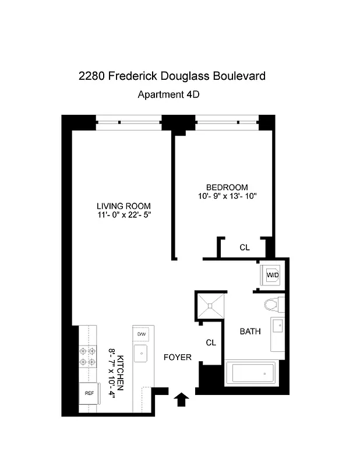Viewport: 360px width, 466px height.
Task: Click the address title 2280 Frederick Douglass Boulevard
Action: pos(172,76)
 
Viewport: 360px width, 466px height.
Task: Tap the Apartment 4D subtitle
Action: pos(168,94)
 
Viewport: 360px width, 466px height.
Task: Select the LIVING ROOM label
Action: pos(123,206)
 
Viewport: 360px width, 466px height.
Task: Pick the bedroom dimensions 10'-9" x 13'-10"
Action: pos(227,196)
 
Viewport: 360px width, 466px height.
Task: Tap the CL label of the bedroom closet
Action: pos(245,248)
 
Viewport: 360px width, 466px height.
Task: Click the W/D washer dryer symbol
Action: pos(272,274)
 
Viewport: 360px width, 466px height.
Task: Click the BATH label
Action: pos(250,331)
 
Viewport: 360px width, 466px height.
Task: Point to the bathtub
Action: pos(250,372)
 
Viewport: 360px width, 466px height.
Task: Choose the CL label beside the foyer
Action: pos(210,343)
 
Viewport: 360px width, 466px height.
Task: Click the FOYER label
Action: pos(177,357)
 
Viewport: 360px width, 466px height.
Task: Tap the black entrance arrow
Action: pos(182,400)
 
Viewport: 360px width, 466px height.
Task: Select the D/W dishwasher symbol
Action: pos(141,334)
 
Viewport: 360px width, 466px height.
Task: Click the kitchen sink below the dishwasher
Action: pos(141,352)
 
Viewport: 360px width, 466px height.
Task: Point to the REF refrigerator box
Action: pos(89,393)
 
